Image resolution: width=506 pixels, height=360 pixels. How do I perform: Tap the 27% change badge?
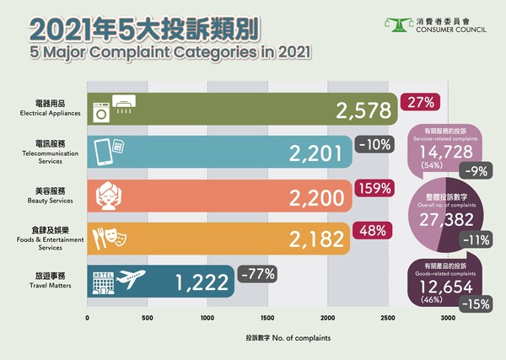coord(419,103)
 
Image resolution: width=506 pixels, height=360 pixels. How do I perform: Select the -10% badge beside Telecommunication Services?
coord(374,144)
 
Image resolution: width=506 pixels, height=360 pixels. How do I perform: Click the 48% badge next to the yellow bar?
coord(370,229)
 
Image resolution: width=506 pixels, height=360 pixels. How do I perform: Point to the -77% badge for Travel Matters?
coord(256,273)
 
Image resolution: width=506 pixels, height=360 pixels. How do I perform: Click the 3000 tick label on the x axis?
coord(448,318)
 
